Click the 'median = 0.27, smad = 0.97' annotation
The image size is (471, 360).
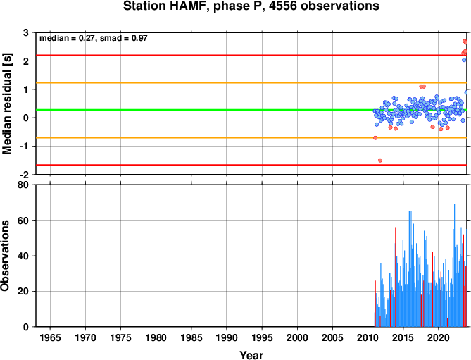(x=94, y=38)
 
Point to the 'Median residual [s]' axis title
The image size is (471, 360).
(x=6, y=104)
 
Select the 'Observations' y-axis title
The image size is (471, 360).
(x=5, y=256)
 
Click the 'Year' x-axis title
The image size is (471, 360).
(x=251, y=355)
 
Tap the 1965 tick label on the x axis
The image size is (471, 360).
(x=50, y=337)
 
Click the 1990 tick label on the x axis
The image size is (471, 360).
(x=227, y=337)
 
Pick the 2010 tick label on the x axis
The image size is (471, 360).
(x=368, y=337)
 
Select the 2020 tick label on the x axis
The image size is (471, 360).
(x=439, y=337)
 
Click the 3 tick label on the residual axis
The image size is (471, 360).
(x=26, y=32)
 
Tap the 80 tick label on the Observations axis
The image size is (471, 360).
(x=23, y=185)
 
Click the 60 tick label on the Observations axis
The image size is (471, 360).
(x=23, y=221)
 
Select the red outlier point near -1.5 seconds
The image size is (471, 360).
(x=380, y=161)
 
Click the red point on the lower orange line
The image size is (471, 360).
(x=375, y=138)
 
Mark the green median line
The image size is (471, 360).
(x=251, y=111)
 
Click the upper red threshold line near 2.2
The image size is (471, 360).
(x=251, y=56)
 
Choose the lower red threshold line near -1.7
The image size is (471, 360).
(x=251, y=166)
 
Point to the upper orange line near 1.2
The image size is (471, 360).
(x=251, y=82)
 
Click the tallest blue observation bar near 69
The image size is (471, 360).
(x=454, y=266)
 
